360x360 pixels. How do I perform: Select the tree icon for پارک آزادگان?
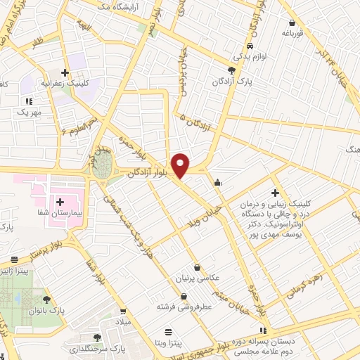click(232, 70)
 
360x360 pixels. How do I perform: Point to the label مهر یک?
click(31, 112)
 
